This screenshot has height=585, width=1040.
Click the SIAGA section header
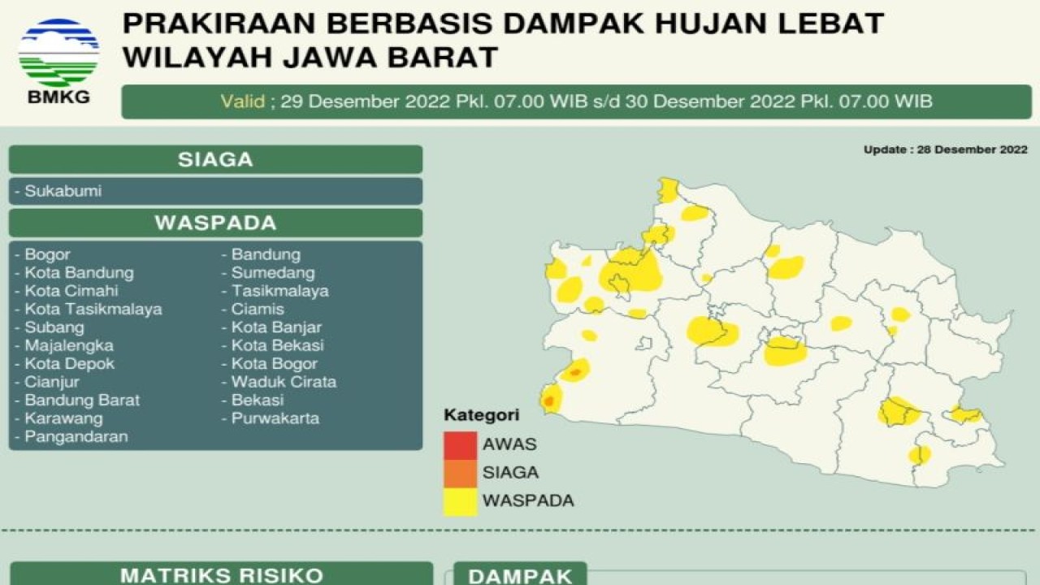(x=215, y=160)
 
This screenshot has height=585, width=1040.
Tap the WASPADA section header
(x=215, y=223)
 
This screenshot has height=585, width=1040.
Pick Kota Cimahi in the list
(x=71, y=291)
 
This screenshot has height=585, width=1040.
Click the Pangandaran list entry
(x=76, y=436)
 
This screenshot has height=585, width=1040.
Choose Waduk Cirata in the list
(x=284, y=382)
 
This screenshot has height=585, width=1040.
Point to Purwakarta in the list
(x=275, y=418)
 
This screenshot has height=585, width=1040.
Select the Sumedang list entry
(x=273, y=273)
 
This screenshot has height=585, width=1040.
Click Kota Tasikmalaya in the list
(x=93, y=309)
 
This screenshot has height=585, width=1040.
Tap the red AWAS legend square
(x=460, y=445)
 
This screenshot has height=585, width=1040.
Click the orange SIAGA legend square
(x=460, y=473)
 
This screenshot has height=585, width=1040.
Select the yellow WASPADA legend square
(x=460, y=500)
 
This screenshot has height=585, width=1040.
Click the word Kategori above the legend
(x=481, y=416)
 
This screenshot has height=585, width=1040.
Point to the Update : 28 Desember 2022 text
(x=945, y=149)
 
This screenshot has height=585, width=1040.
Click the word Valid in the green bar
(x=242, y=102)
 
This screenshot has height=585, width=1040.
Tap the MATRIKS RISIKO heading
(x=222, y=575)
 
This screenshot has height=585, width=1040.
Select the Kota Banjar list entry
(x=276, y=327)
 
